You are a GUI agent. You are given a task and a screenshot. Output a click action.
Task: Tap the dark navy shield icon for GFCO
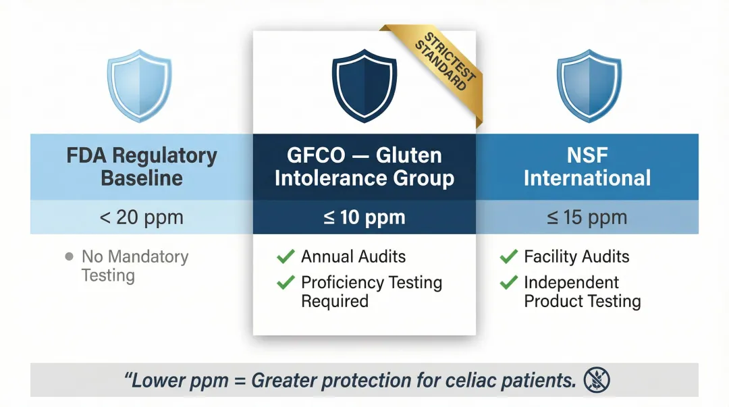click(364, 86)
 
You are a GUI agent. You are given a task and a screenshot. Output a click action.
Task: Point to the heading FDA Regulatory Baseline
click(142, 167)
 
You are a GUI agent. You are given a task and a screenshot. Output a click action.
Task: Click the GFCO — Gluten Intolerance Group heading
click(364, 167)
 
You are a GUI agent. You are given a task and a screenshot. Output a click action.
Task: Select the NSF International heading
click(587, 167)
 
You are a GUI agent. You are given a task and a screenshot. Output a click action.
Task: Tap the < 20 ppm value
click(142, 218)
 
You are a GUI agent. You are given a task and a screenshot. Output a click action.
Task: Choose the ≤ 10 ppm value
click(364, 218)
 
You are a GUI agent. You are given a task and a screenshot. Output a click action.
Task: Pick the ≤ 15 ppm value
click(587, 218)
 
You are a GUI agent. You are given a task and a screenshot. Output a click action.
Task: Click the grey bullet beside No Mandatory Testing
click(68, 257)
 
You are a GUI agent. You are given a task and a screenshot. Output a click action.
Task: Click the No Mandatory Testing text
click(134, 266)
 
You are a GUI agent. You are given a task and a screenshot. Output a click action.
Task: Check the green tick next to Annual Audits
click(286, 256)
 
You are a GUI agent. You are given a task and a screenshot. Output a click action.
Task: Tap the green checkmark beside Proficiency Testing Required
click(286, 283)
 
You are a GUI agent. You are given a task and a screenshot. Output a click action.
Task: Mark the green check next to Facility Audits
click(509, 256)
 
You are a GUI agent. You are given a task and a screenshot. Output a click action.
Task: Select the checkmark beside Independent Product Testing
click(509, 283)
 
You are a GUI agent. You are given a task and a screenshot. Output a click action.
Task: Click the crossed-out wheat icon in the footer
click(597, 381)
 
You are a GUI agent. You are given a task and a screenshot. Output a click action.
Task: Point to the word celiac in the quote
click(473, 381)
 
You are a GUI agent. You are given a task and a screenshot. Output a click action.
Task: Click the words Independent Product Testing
click(582, 292)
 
